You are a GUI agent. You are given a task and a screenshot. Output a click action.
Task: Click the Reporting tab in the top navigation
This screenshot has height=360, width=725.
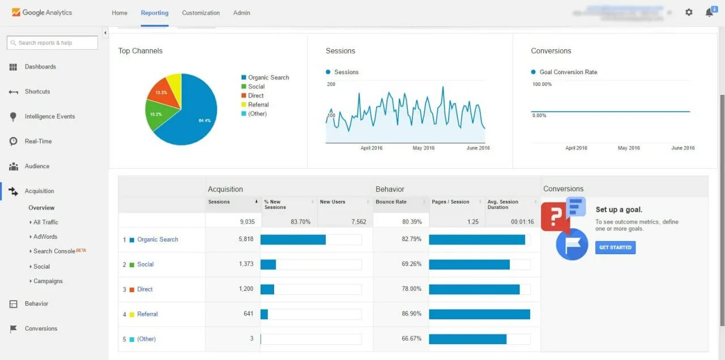coord(155,13)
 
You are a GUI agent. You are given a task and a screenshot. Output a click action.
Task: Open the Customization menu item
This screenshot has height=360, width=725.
coord(201,13)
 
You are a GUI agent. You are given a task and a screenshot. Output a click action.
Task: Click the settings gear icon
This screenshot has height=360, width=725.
coord(689,12)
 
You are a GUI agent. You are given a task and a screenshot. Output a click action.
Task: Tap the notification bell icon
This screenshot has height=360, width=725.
coord(709,12)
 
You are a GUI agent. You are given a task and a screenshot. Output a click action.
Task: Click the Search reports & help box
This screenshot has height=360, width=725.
coord(52,43)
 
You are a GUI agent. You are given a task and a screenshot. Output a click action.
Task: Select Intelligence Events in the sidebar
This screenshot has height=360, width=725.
coord(50,117)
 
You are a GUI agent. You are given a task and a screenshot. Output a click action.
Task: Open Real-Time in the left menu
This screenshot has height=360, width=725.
coord(38,142)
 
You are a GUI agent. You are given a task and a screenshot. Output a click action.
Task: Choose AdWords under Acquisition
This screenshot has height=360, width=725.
coord(45,237)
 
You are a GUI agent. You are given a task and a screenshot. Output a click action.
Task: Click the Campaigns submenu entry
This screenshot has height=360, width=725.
coord(48,281)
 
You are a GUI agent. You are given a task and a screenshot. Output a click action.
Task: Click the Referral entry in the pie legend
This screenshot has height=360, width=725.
coord(258,105)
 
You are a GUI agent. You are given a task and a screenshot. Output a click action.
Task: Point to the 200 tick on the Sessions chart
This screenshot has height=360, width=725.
coord(331,84)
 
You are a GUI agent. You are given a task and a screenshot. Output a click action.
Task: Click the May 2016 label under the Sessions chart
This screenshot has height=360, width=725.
coord(424,148)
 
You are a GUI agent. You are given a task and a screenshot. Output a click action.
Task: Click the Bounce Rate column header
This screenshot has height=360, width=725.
coord(391,202)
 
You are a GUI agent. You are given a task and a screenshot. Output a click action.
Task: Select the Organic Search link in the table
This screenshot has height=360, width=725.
coord(157,239)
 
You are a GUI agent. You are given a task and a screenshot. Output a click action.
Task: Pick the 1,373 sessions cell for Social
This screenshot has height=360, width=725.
coord(246,264)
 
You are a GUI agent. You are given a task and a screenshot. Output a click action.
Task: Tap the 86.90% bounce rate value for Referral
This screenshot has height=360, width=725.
coord(411,314)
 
